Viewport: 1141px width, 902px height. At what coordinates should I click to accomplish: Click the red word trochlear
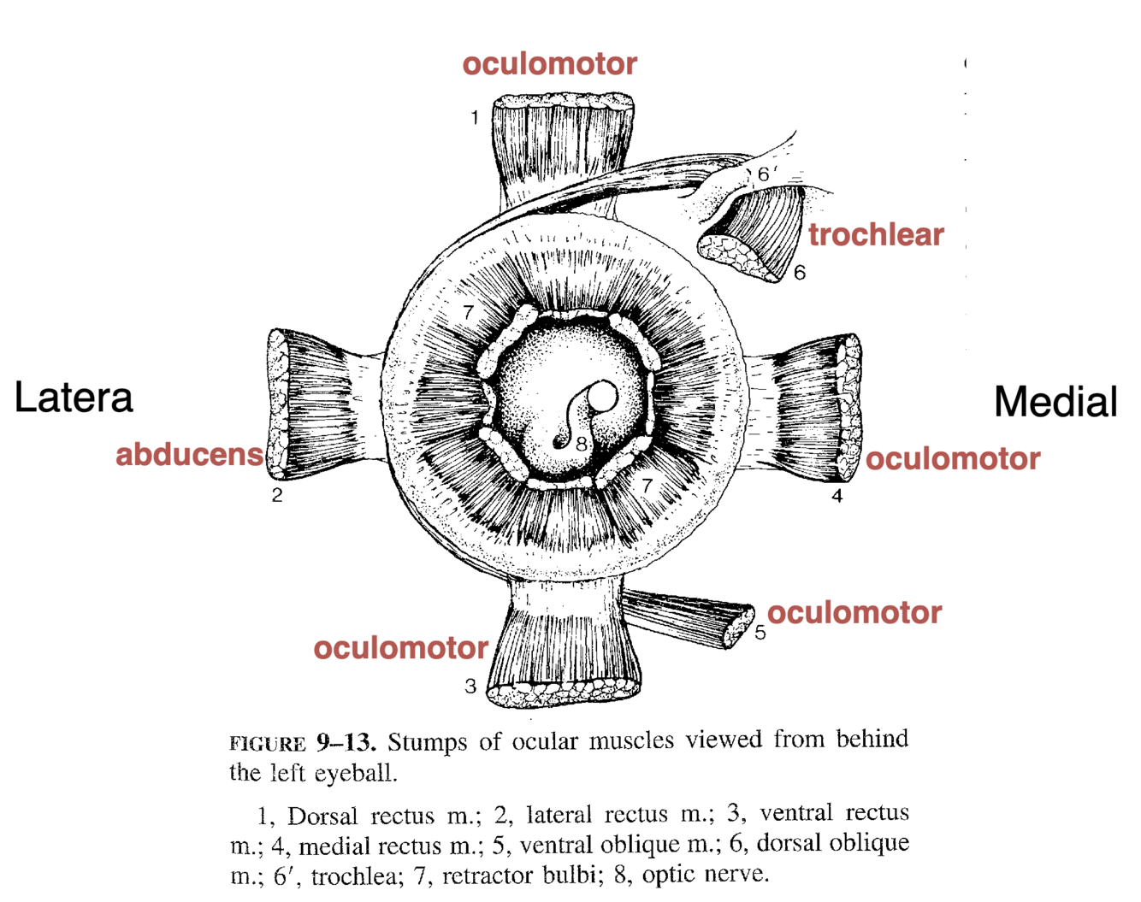[876, 234]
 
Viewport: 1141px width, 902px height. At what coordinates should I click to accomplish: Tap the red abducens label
[189, 455]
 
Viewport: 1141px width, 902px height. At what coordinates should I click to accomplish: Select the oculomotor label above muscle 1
[549, 64]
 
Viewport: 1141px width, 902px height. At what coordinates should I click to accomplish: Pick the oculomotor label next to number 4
[953, 459]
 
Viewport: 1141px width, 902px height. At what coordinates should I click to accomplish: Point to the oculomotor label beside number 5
[854, 613]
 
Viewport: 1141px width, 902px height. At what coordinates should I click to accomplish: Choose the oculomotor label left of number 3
[400, 648]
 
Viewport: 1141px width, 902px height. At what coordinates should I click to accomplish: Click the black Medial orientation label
[1055, 402]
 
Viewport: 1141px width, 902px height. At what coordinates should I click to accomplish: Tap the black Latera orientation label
[74, 398]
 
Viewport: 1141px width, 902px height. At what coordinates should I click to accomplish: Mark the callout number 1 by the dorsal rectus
[475, 117]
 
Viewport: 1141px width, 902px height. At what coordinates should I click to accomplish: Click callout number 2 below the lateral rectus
[277, 495]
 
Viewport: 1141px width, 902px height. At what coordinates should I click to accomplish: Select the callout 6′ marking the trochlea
[766, 174]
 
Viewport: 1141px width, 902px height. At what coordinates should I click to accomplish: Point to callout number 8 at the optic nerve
[582, 444]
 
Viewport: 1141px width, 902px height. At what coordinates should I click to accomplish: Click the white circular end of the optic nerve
[602, 396]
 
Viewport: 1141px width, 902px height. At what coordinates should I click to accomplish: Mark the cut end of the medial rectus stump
[850, 406]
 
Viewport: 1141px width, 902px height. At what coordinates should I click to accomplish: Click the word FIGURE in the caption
[267, 744]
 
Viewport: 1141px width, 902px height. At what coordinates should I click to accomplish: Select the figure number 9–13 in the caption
[346, 742]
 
